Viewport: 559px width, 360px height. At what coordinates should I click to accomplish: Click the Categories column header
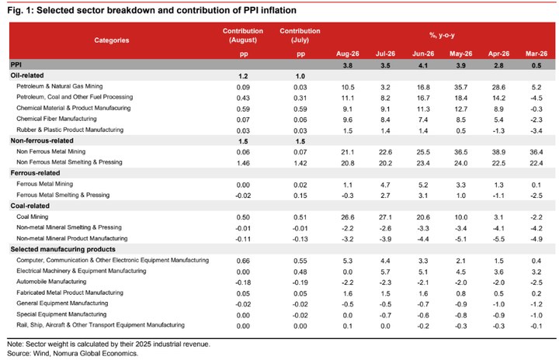click(x=112, y=40)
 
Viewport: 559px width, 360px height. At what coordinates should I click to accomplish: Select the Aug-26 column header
click(x=348, y=54)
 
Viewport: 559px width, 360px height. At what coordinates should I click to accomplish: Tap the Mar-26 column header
click(x=536, y=54)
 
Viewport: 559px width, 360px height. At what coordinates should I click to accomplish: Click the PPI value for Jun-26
click(x=423, y=65)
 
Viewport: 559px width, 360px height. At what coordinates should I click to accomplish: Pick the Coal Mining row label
click(x=32, y=216)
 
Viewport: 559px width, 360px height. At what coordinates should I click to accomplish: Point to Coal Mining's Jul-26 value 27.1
click(x=385, y=217)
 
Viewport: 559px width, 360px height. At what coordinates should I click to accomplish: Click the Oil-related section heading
click(x=27, y=75)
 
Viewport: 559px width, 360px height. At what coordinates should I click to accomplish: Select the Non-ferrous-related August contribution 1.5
click(x=243, y=141)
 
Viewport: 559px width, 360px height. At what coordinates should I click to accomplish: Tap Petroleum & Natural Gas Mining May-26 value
click(x=461, y=88)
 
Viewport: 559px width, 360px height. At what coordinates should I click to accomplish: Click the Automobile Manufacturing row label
click(x=51, y=282)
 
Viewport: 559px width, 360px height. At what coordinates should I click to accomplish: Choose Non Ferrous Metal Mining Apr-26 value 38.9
click(x=498, y=152)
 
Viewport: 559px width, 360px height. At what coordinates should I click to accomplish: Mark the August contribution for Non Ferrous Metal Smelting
click(x=243, y=163)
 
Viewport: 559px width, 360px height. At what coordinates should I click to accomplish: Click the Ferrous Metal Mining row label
click(x=44, y=184)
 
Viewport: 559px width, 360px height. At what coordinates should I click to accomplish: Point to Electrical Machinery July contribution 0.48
click(x=300, y=272)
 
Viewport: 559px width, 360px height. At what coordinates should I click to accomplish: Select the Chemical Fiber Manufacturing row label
click(x=57, y=119)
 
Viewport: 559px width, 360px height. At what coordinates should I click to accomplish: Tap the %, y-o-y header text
click(x=442, y=35)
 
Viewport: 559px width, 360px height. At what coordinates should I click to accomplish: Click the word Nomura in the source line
click(x=65, y=353)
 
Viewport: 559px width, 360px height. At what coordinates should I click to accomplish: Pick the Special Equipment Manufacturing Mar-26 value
click(x=536, y=316)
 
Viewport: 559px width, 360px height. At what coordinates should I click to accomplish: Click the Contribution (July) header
click(x=300, y=35)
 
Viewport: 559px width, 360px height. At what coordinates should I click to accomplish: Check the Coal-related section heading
click(x=30, y=206)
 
